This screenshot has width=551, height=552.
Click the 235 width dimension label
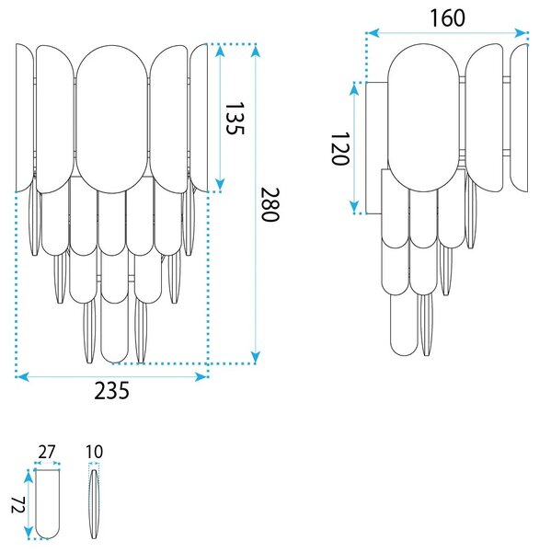(111, 390)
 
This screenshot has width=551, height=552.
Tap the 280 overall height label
(270, 204)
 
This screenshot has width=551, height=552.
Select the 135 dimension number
(235, 119)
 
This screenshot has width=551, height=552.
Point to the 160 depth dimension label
(447, 18)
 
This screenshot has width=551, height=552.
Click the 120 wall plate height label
(340, 148)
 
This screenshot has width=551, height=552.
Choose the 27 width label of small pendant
(47, 452)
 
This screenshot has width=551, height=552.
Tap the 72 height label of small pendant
(17, 504)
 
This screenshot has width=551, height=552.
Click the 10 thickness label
(95, 452)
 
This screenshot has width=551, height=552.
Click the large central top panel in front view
(112, 119)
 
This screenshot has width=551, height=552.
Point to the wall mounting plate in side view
(373, 148)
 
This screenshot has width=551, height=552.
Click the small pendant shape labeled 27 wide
(48, 504)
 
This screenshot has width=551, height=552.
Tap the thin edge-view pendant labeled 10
(94, 504)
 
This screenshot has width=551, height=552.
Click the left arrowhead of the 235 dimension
(22, 377)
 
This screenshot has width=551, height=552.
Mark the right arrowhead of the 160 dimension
(521, 33)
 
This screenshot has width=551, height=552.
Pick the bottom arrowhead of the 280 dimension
(256, 357)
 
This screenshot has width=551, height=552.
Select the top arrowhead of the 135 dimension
(220, 52)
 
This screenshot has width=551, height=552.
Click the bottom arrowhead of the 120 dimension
(354, 207)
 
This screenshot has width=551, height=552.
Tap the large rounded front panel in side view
(423, 118)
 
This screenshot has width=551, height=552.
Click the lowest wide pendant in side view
(404, 324)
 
